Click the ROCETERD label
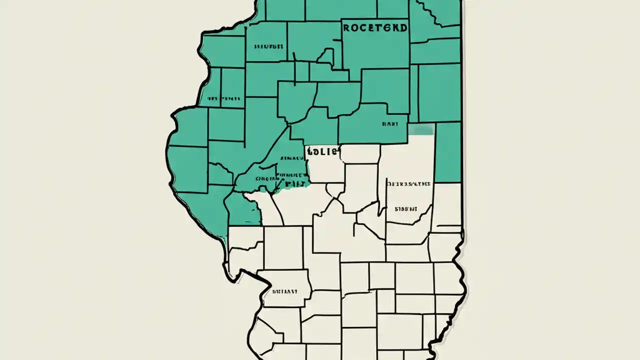pos(375,27)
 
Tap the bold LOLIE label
pos(323,151)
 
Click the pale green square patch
pos(421,130)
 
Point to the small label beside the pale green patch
pos(390,123)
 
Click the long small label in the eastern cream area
pos(409,184)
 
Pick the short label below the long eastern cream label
pos(406,209)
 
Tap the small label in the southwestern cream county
pos(284,290)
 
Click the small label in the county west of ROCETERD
pos(269,46)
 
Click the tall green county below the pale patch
pos(448,152)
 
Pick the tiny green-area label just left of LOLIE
pos(288,158)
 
